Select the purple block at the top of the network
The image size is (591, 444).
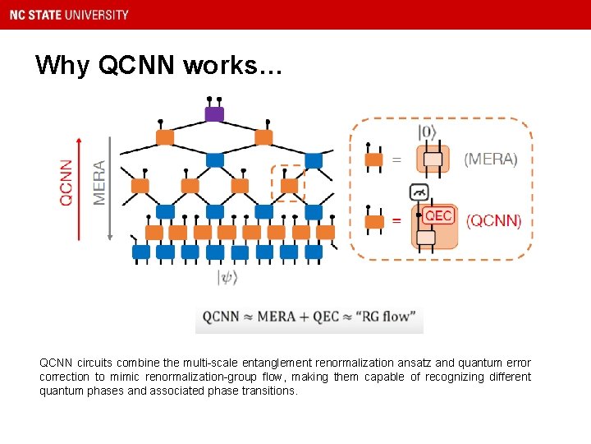(x=214, y=114)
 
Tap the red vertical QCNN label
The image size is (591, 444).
(x=66, y=181)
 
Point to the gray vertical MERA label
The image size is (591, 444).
(x=99, y=182)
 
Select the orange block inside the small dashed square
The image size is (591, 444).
(x=288, y=185)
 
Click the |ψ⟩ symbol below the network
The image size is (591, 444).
(x=227, y=278)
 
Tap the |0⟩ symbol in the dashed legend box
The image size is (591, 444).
(x=428, y=132)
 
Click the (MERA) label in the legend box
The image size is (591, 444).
(x=491, y=160)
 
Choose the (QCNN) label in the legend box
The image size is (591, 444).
(x=493, y=220)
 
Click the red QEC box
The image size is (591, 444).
(x=438, y=215)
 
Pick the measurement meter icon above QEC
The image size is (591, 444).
(x=419, y=192)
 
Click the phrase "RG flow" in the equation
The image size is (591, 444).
(x=388, y=317)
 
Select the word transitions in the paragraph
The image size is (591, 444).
(x=268, y=391)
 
